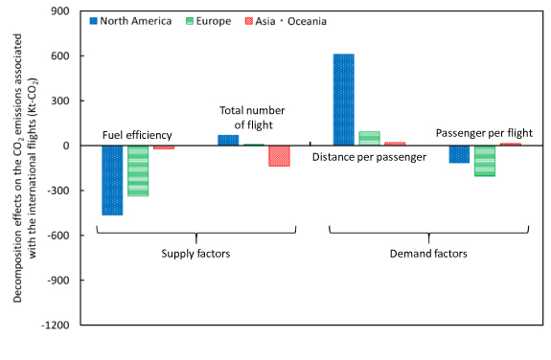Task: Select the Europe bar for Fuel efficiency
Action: (x=138, y=170)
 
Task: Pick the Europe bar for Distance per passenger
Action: (x=369, y=138)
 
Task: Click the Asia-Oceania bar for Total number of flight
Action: (x=279, y=156)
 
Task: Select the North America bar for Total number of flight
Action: (x=228, y=140)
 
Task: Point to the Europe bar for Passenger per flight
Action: (x=484, y=161)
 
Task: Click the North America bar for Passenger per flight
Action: (x=459, y=154)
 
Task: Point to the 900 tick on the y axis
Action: (x=66, y=11)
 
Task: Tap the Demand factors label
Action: (x=428, y=254)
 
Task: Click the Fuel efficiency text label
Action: (x=137, y=134)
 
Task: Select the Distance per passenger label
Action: (x=369, y=156)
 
